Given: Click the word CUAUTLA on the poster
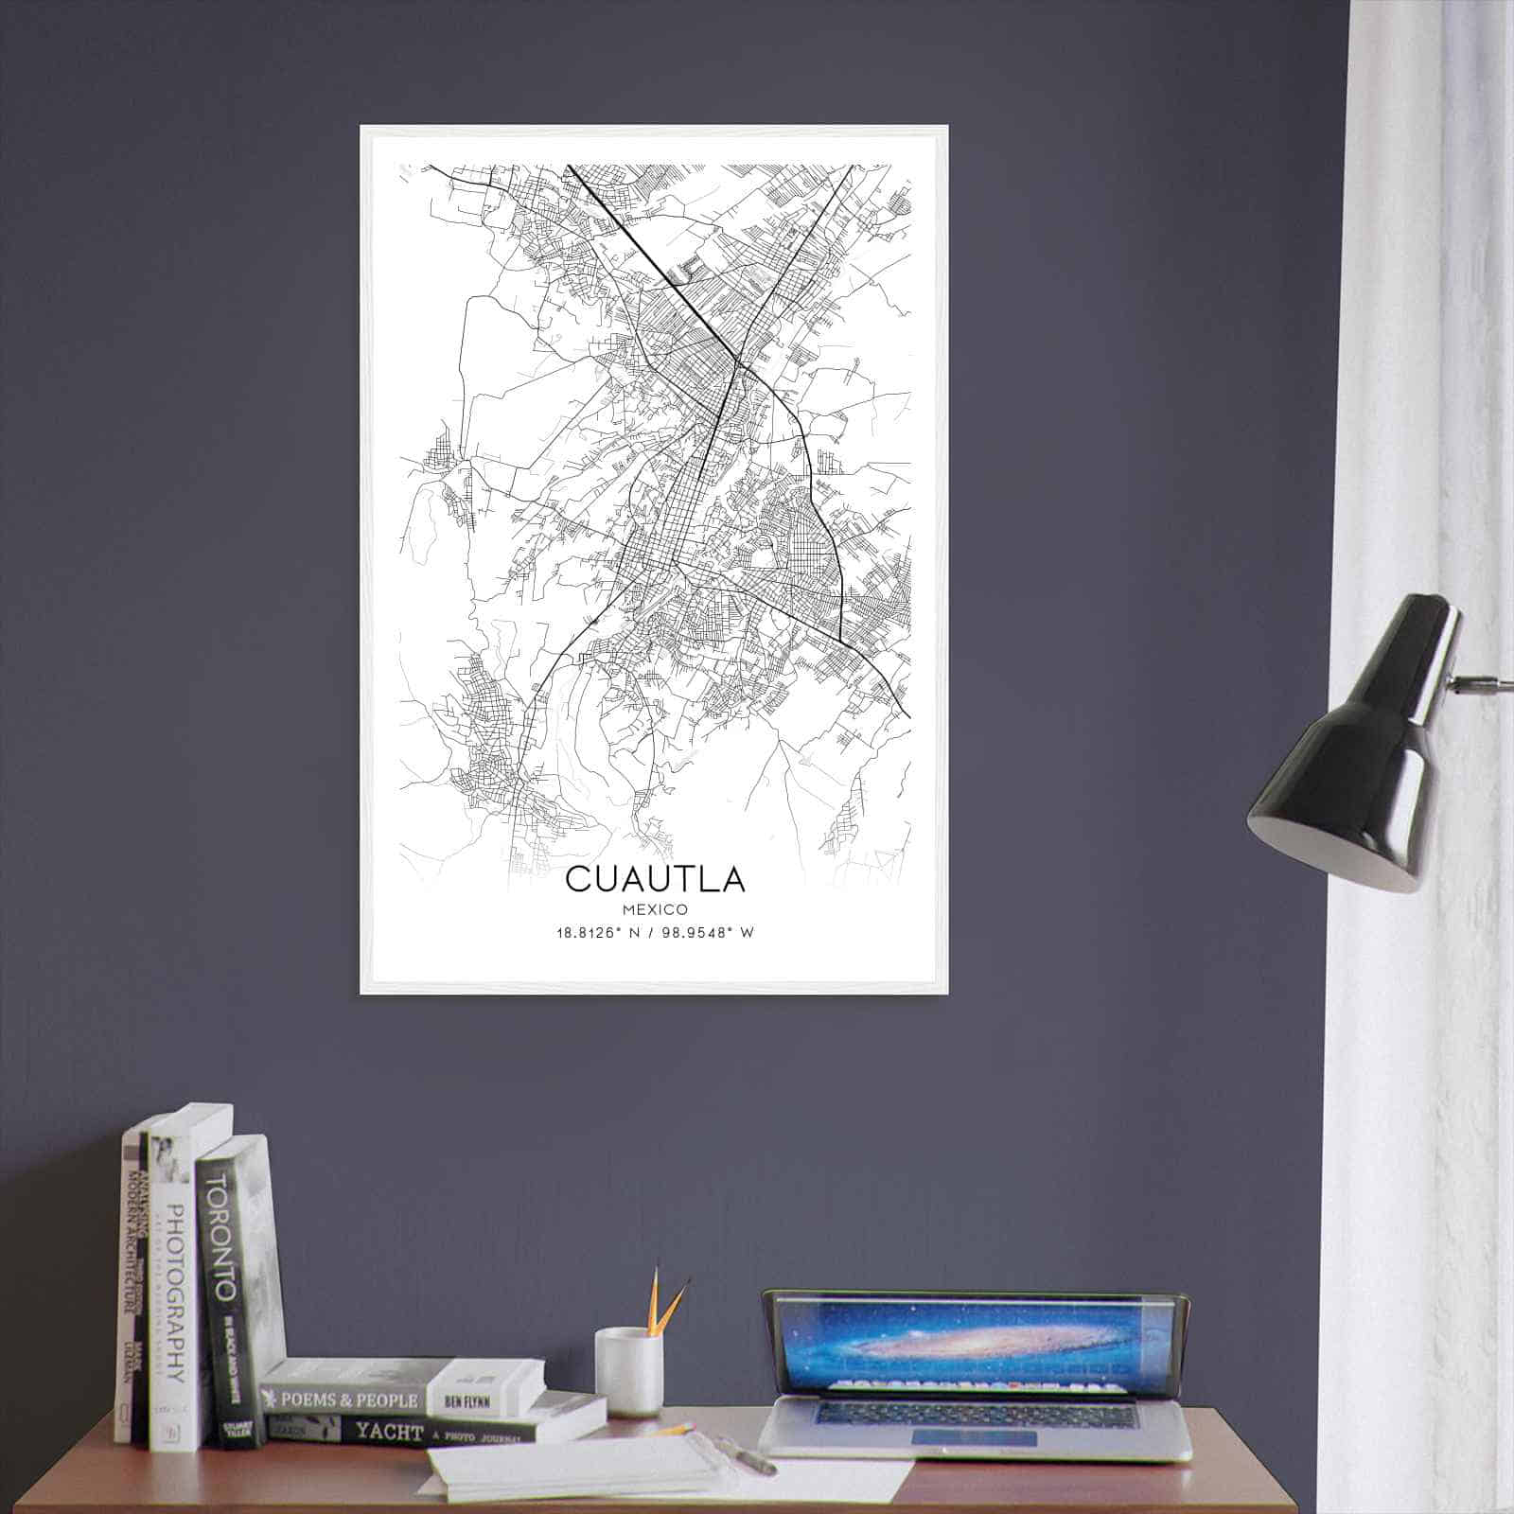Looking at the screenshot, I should pyautogui.click(x=655, y=879).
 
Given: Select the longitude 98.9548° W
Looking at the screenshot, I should pyautogui.click(x=710, y=933).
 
